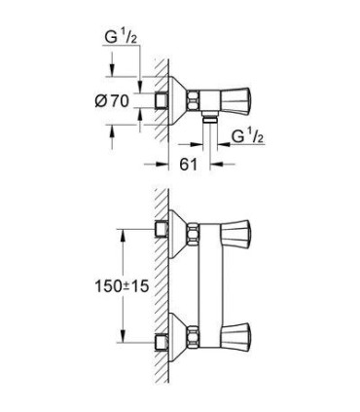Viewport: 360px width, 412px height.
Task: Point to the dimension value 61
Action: pos(189,165)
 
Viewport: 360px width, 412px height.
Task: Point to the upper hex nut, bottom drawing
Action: pos(196,234)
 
